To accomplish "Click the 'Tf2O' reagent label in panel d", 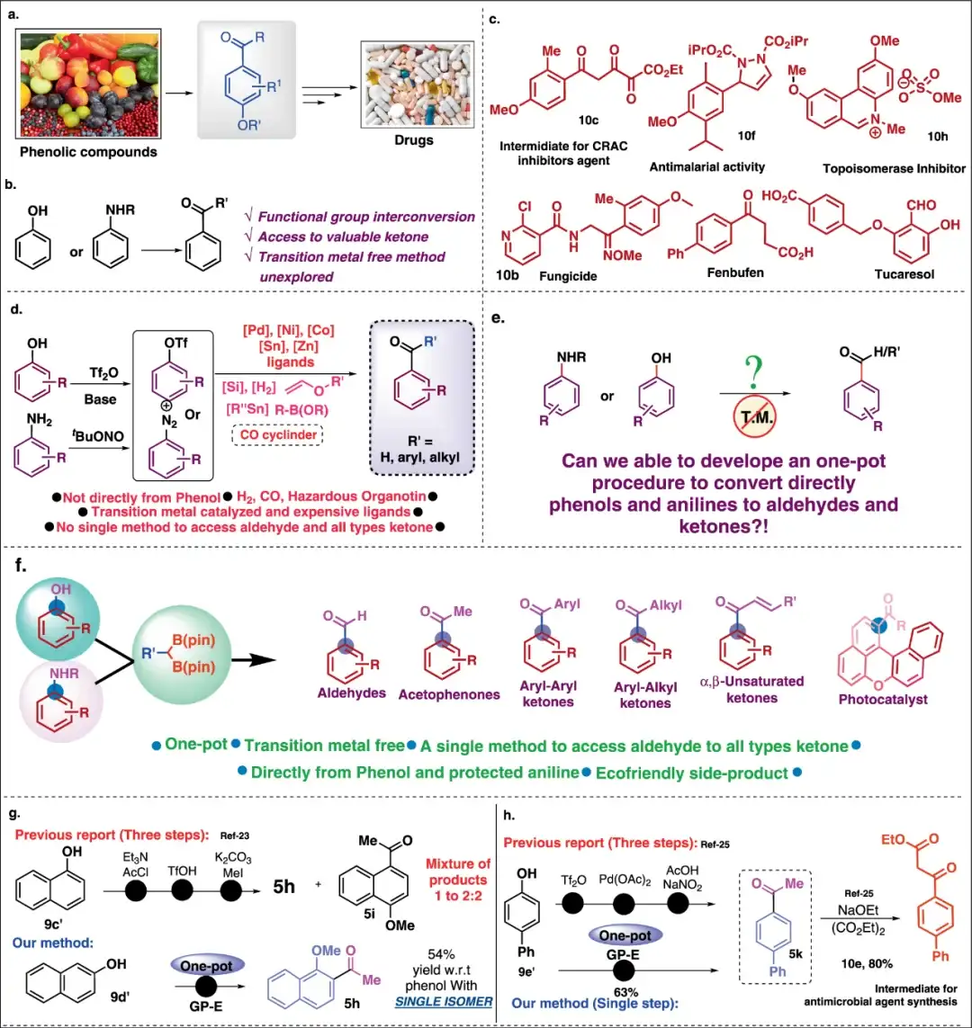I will [x=106, y=371].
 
